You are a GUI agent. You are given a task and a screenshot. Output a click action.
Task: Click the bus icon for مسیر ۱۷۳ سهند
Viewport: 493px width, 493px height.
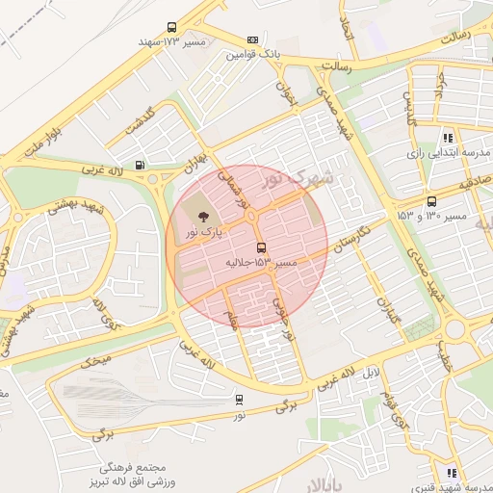tap(171, 28)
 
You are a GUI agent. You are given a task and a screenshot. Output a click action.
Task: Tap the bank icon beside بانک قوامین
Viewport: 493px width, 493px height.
tap(252, 40)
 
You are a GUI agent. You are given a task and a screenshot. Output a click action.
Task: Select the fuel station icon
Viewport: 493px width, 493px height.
tap(142, 165)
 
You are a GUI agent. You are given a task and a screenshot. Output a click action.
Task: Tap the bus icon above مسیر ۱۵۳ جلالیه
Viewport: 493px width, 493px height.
tap(262, 247)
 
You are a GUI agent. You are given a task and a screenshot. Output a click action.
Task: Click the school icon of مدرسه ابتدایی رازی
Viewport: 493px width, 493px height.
tap(448, 138)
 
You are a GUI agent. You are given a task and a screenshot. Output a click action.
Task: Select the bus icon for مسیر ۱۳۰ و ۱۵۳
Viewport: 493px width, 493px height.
tap(431, 201)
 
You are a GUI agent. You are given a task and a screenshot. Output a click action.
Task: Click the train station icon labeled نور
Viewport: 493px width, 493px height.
tap(239, 399)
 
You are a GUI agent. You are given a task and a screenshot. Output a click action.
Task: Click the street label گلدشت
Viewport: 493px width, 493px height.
tap(141, 122)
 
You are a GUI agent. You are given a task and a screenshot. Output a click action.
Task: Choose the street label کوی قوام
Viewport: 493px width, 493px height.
tap(395, 409)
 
